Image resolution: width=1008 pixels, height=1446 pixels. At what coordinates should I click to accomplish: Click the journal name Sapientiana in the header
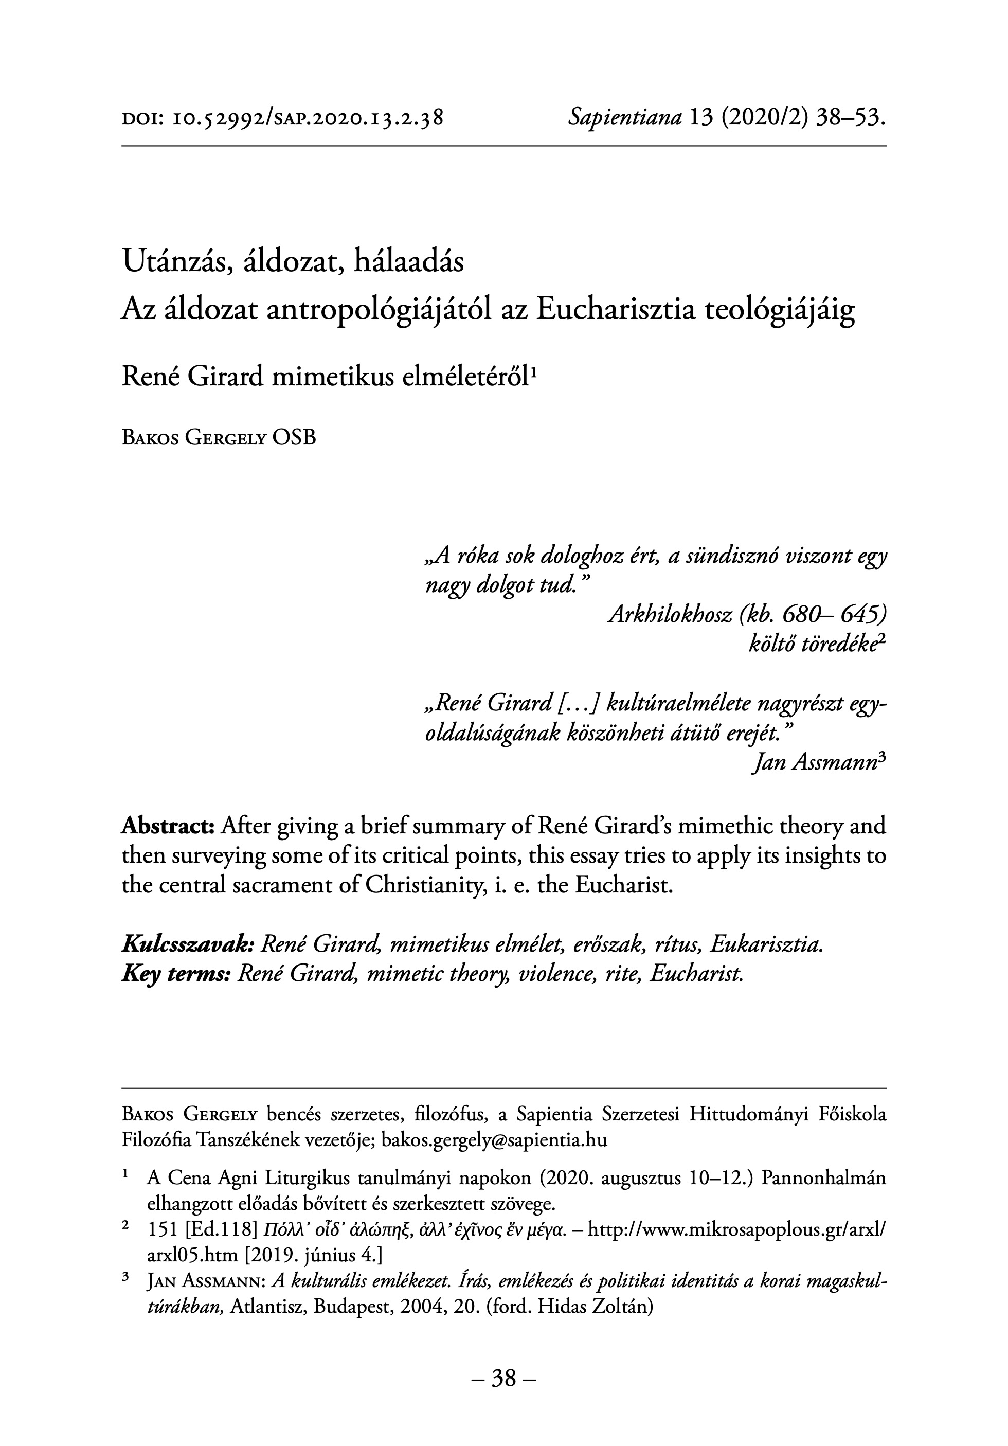(x=624, y=117)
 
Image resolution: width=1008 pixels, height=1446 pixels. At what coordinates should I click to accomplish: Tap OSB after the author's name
(x=294, y=438)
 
